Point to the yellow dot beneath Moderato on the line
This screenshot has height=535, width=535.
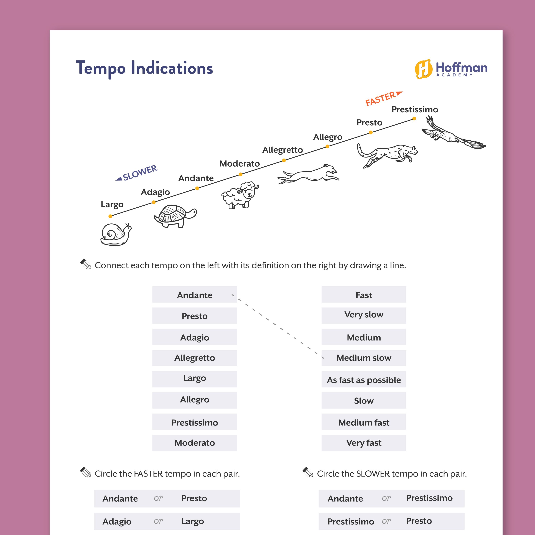[241, 174]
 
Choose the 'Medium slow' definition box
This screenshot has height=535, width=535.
[364, 358]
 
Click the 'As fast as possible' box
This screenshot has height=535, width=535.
[364, 380]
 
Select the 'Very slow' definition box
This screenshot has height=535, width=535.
[364, 315]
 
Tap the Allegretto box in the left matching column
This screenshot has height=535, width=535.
[195, 358]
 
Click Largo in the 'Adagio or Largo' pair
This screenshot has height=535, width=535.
[192, 521]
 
